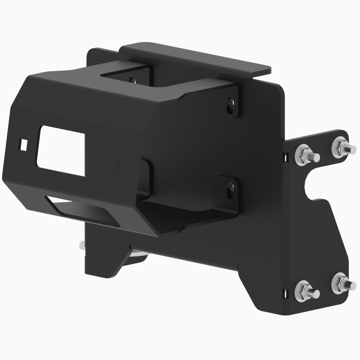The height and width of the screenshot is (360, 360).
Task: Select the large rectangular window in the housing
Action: pyautogui.click(x=61, y=149)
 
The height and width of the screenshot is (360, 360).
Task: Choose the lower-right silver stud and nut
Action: pyautogui.click(x=342, y=283)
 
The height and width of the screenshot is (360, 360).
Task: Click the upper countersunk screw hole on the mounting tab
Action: pyautogui.click(x=231, y=104)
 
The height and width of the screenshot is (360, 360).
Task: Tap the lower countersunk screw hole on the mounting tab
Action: pyautogui.click(x=230, y=187)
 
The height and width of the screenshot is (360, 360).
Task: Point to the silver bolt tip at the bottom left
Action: pyautogui.click(x=81, y=244)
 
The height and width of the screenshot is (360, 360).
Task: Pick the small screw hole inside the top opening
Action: pyautogui.click(x=133, y=80)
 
